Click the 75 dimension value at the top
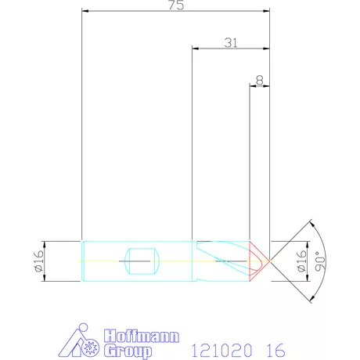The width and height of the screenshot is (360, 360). point(176,5)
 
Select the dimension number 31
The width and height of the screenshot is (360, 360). point(231,43)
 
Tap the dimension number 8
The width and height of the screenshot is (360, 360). point(259,80)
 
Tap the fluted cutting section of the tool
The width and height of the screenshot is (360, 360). point(223,259)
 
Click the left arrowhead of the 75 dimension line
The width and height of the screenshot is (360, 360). point(85,12)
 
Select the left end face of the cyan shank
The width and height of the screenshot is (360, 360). point(82,259)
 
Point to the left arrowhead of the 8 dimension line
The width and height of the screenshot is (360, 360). point(252,86)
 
